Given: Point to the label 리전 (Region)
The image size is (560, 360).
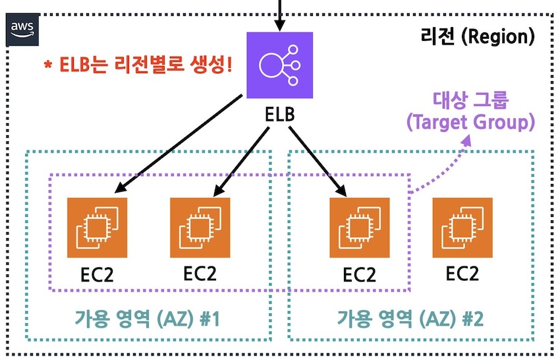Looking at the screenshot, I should [x=476, y=36].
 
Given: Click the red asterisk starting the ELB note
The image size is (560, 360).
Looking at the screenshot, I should [x=47, y=67].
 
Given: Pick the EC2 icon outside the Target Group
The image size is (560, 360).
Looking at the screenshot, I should [x=462, y=226].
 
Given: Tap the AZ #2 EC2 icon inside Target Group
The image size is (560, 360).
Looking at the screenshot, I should [x=358, y=226].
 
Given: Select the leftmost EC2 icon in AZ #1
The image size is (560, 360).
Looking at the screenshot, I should [x=97, y=226].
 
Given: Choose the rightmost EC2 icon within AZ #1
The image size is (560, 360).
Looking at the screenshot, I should [x=200, y=226].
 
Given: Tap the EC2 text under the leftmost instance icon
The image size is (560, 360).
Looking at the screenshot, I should [x=97, y=274].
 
